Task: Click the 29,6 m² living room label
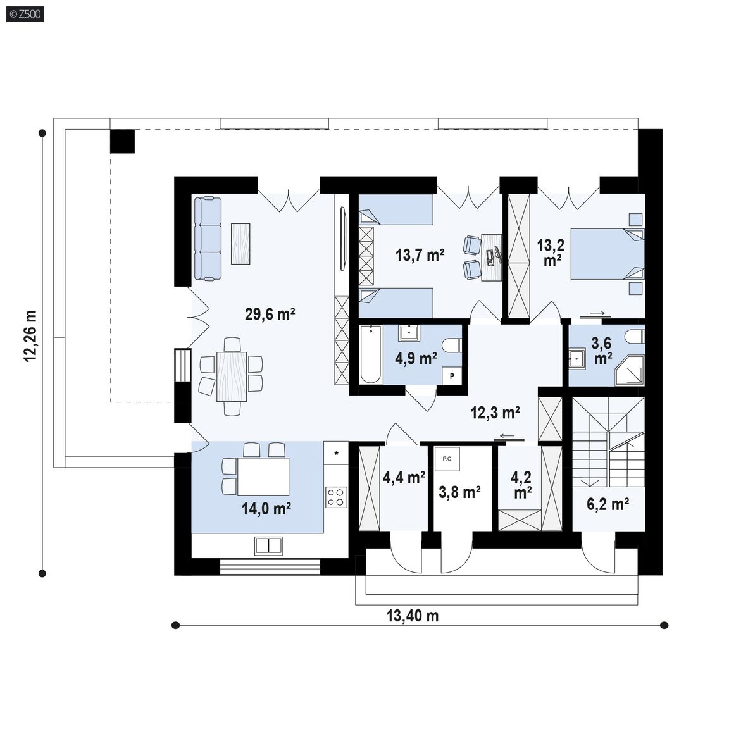[270, 315]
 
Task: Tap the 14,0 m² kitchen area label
[266, 509]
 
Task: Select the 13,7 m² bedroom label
[420, 255]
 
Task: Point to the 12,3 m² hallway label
[495, 412]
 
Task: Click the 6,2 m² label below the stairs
[608, 504]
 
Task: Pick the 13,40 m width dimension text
[413, 616]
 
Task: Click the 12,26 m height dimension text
[30, 335]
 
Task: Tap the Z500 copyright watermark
[25, 14]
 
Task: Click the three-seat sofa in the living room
[208, 239]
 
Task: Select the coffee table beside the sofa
[240, 244]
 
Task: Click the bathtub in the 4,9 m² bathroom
[371, 354]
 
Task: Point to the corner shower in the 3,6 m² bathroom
[630, 371]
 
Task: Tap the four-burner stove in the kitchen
[336, 497]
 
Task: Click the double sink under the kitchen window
[269, 546]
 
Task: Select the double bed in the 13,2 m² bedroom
[607, 254]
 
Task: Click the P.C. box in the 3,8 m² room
[447, 459]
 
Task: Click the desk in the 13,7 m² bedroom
[492, 257]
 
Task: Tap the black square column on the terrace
[122, 141]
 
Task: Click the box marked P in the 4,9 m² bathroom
[451, 376]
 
